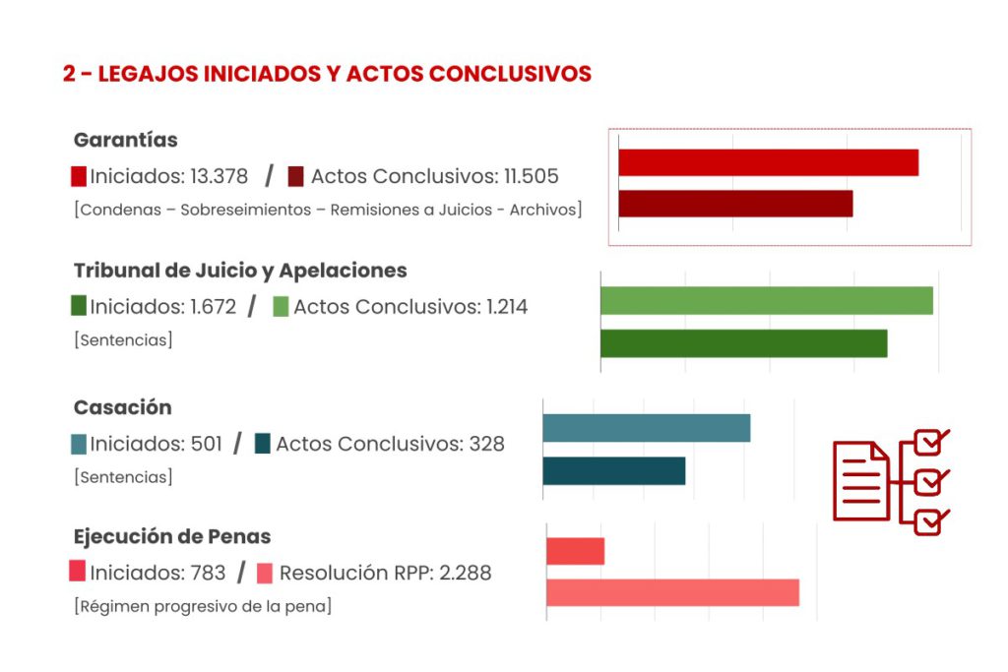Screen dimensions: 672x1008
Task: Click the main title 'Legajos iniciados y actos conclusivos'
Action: [x=327, y=75]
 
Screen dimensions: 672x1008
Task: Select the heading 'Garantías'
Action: [x=125, y=140]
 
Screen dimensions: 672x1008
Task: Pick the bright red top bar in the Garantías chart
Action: [x=768, y=162]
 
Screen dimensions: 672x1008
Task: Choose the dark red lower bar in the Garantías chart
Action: [x=735, y=204]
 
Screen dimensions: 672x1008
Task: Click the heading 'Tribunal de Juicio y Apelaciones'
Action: [x=240, y=271]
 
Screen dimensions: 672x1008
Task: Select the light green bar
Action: [x=766, y=301]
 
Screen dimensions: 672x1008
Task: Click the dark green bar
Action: [x=743, y=343]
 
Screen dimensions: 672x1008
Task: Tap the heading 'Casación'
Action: [x=122, y=407]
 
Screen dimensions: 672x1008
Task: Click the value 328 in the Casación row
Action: [x=486, y=444]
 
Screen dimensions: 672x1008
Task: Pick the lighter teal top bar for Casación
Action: [x=646, y=428]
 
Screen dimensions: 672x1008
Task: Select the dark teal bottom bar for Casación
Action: [x=613, y=471]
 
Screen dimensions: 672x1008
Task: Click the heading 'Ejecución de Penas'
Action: [x=172, y=536]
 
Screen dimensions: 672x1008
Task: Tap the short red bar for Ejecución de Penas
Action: [x=575, y=551]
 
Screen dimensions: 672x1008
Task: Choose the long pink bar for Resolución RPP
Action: [x=672, y=592]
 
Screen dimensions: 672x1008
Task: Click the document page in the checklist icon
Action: [x=860, y=480]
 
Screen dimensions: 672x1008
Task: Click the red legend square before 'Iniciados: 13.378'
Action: [x=79, y=177]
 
